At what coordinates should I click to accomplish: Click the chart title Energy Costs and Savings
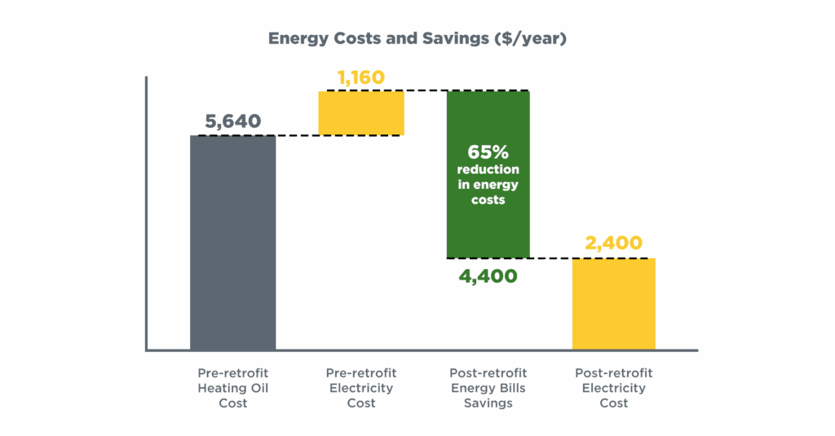(x=417, y=38)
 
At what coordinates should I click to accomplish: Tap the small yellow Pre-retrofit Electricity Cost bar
(x=360, y=112)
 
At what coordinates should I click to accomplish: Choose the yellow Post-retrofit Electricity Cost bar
(x=613, y=304)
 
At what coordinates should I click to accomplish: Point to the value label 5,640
(x=232, y=121)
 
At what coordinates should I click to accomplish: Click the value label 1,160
(x=360, y=78)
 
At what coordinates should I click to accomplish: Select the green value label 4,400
(x=488, y=276)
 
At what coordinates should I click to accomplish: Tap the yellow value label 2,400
(x=613, y=243)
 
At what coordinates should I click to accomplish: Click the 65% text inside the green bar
(x=488, y=152)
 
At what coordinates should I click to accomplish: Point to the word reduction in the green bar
(x=488, y=170)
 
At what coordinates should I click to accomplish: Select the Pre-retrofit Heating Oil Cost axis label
(x=232, y=388)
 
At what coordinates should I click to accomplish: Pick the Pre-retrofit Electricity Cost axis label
(x=360, y=388)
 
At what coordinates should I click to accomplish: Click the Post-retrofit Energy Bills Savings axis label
(x=488, y=388)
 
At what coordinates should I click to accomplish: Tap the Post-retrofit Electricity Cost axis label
(x=613, y=388)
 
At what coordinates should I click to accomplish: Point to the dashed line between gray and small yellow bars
(x=297, y=135)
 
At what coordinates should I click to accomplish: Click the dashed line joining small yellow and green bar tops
(x=425, y=90)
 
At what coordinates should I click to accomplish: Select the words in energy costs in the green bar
(x=488, y=192)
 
